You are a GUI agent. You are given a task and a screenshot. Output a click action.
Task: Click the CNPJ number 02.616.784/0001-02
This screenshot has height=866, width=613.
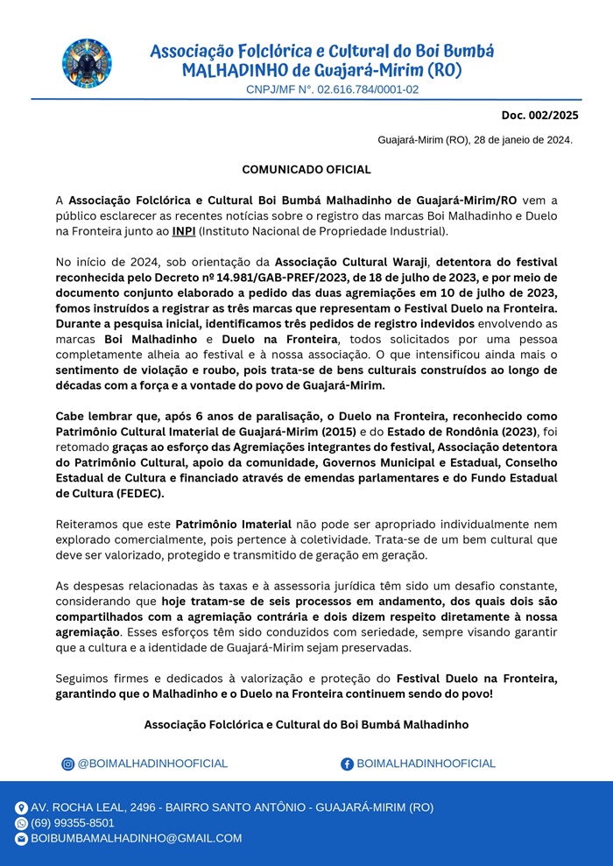coord(367,89)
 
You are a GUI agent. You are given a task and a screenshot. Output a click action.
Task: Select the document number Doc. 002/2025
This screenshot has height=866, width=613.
coord(539,115)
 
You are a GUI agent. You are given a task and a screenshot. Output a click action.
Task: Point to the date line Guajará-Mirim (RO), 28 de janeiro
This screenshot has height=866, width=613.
coord(476,139)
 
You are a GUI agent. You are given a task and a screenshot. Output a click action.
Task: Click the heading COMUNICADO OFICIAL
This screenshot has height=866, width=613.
coord(306,169)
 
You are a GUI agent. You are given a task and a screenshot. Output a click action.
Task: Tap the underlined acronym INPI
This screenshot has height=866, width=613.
coord(183,231)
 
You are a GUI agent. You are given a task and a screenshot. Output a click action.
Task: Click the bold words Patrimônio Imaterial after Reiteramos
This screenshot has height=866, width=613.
coord(229,525)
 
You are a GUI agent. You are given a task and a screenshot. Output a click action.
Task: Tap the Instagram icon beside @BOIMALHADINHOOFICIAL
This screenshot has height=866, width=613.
coord(67,764)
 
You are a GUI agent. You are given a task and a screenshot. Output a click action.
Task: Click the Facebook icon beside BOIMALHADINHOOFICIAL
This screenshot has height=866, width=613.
coord(347,764)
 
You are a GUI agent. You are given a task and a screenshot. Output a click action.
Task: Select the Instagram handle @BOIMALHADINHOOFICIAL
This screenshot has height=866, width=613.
coord(152,764)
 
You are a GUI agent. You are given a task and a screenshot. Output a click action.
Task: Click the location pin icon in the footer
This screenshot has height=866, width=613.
coord(21,808)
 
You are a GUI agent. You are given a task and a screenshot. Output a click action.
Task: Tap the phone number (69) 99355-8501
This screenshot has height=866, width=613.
coord(73,823)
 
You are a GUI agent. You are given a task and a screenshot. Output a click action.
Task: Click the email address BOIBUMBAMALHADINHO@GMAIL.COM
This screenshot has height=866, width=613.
coord(136,838)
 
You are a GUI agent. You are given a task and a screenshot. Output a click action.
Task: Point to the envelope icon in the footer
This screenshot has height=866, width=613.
coord(21,839)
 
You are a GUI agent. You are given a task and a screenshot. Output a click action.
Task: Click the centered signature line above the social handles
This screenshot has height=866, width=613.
coord(306,724)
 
